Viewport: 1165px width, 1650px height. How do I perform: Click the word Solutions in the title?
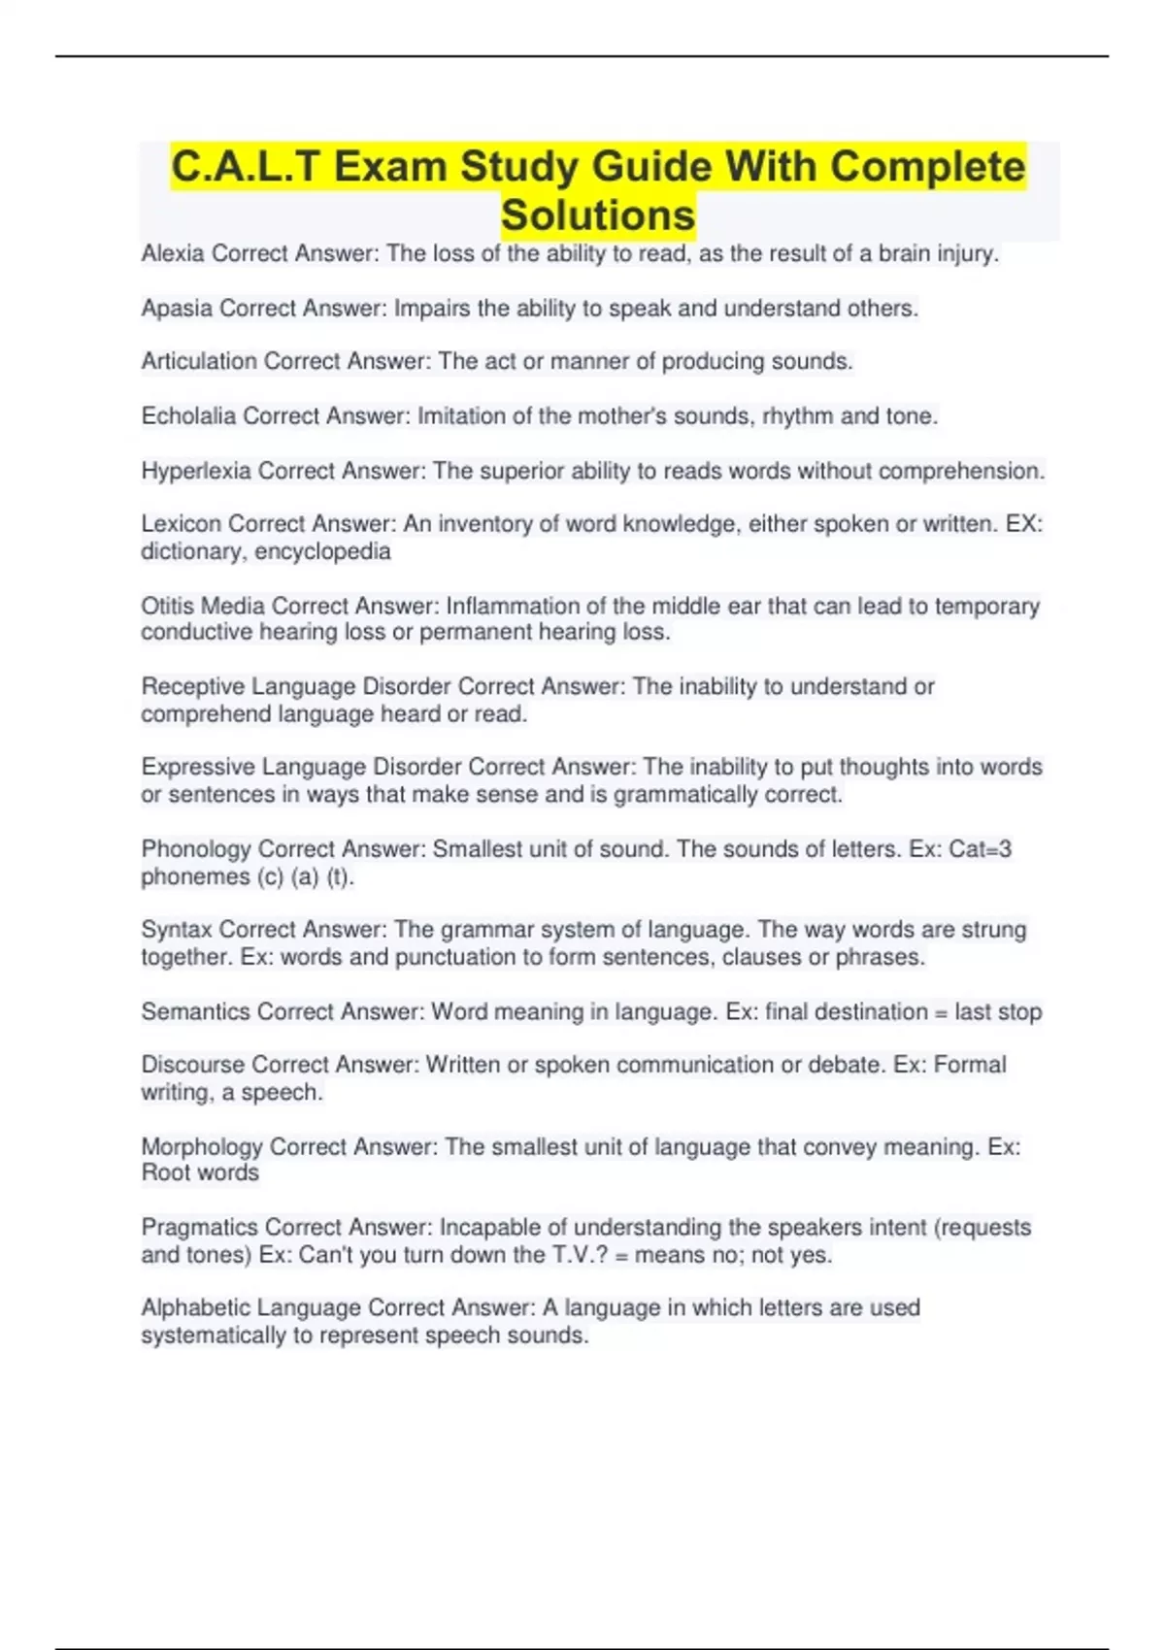coord(598,215)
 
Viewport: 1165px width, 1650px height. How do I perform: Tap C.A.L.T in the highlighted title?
coord(245,167)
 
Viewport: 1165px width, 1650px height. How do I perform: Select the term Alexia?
coord(173,254)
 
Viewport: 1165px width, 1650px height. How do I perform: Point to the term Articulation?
coord(199,362)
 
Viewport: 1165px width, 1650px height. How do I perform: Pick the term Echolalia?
coord(188,416)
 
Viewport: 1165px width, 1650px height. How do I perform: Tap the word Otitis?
coord(167,607)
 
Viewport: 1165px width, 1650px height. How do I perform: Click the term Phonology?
coord(196,849)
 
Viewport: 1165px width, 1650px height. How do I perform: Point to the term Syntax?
coord(177,930)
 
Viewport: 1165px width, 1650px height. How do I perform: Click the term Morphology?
coord(202,1147)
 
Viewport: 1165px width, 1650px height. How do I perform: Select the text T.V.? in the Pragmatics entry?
coord(581,1255)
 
